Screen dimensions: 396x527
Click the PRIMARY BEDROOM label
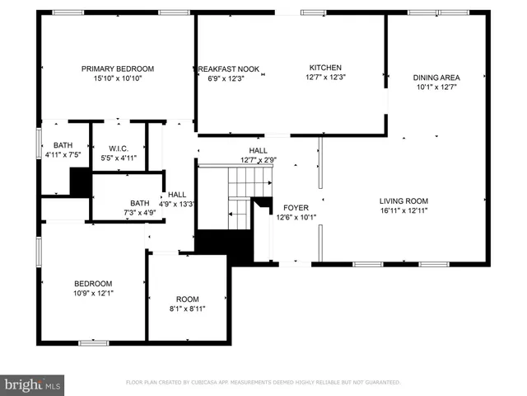[x=118, y=68]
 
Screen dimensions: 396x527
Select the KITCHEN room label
[x=325, y=68]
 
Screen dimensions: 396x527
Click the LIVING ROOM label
[x=403, y=200]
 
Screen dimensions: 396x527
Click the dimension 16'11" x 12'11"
[x=403, y=210]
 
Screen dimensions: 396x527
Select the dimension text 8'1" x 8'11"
[x=187, y=309]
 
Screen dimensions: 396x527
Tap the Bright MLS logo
[x=33, y=384]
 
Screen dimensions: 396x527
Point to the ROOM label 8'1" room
[x=187, y=299]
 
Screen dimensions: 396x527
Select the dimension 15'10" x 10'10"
[x=118, y=78]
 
